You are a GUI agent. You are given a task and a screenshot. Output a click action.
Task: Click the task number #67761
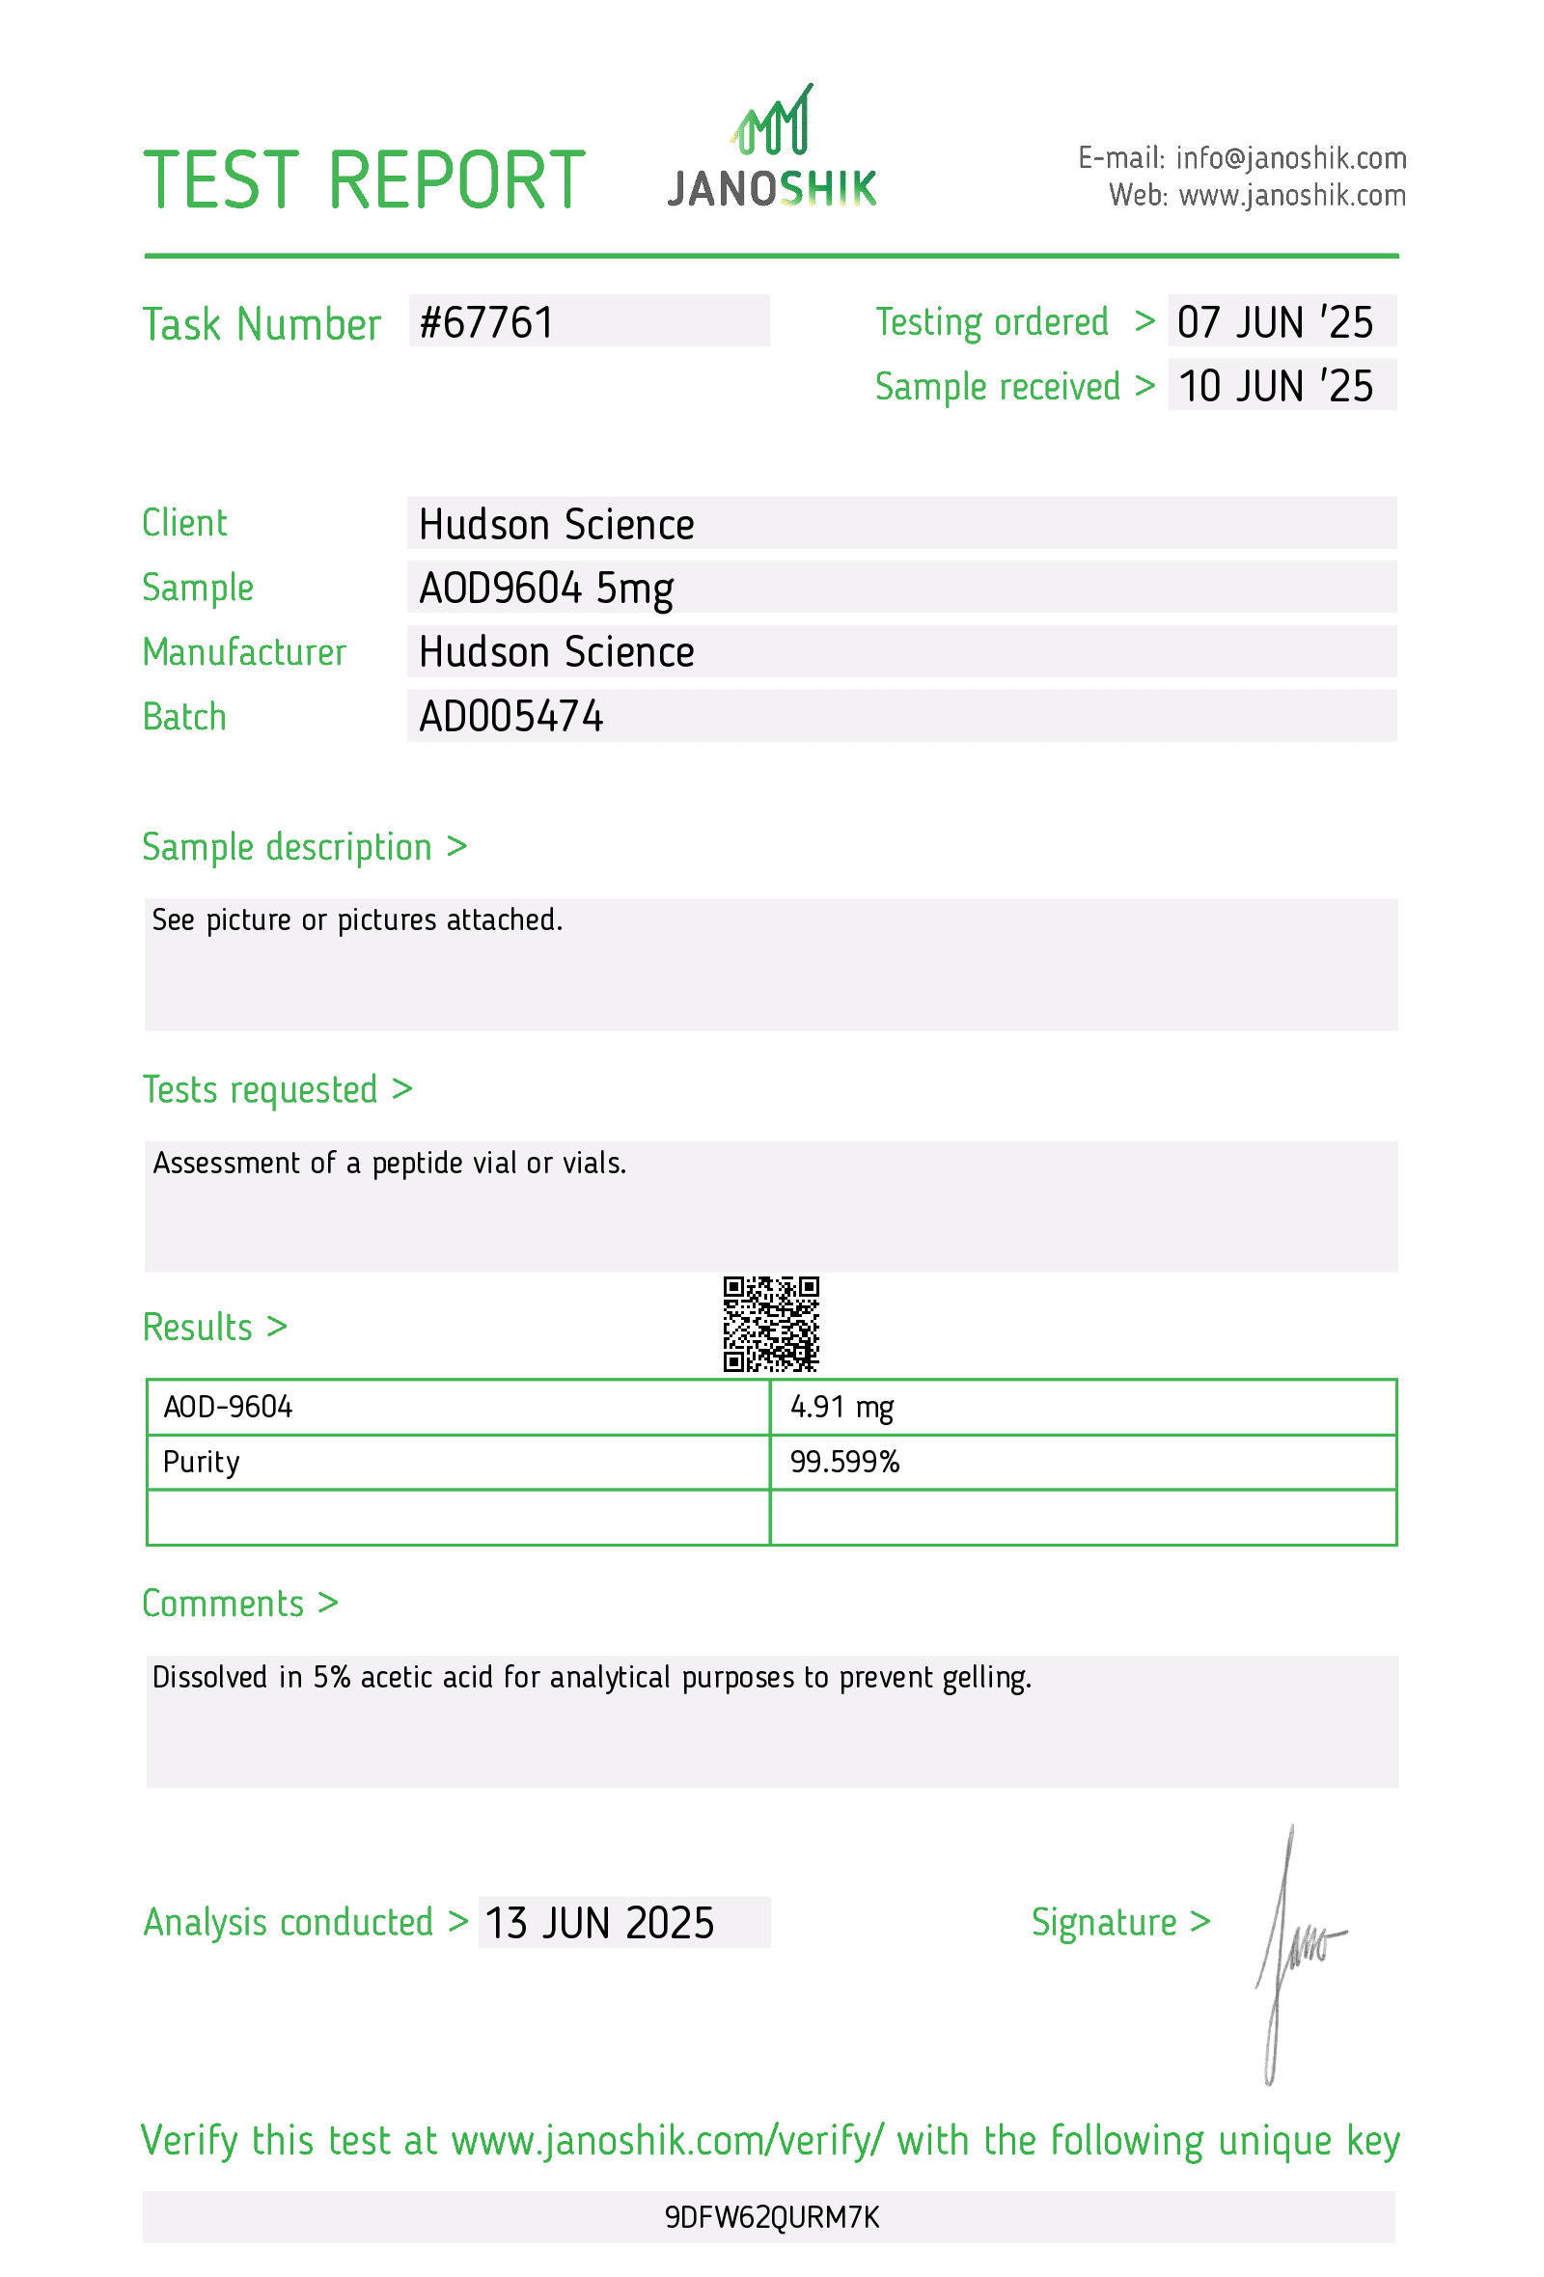[x=486, y=322]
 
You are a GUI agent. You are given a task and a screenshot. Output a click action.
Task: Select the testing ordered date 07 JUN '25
[x=1275, y=322]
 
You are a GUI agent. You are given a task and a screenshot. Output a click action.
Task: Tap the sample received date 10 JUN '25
[x=1275, y=386]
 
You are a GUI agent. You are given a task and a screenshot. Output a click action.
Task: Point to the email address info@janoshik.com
[x=1290, y=157]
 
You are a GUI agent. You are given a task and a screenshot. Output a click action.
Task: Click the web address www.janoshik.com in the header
[x=1291, y=195]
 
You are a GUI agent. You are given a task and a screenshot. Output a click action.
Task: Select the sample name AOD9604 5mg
[x=545, y=588]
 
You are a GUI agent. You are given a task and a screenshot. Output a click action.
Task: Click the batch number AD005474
[x=510, y=716]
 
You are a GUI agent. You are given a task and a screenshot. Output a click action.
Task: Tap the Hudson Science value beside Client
[x=556, y=524]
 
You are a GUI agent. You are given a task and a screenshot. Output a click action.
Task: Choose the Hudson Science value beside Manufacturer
[x=556, y=652]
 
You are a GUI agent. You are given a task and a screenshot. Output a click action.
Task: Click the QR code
[x=770, y=1324]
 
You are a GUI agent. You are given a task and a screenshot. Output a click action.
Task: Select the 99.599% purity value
[x=844, y=1462]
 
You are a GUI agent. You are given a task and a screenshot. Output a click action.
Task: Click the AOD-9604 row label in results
[x=228, y=1407]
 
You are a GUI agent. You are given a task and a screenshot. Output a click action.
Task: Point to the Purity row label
[x=201, y=1462]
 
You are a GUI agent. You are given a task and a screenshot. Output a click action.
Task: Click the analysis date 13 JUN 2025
[x=598, y=1923]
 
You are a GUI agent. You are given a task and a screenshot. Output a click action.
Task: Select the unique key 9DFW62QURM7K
[x=772, y=2217]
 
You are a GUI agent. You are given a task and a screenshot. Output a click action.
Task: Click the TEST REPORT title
[x=364, y=180]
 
